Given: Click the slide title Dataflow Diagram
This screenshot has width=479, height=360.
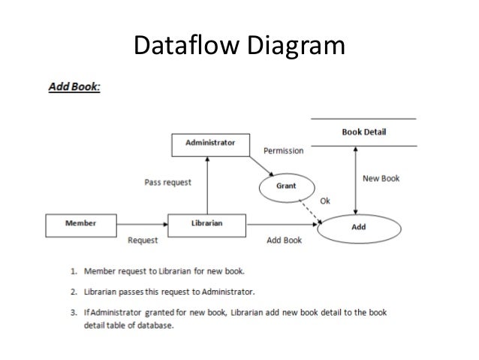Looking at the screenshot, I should pos(239,47).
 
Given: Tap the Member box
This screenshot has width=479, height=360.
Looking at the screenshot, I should pos(80,222).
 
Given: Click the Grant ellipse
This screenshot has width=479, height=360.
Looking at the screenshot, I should pos(285,185).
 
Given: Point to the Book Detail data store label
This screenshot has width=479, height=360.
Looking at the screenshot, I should pos(364,132).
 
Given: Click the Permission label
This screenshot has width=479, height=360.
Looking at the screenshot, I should pos(283,151).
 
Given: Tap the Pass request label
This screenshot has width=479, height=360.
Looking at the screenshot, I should pos(167,182).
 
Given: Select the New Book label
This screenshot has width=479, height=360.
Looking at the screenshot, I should pos(381,179).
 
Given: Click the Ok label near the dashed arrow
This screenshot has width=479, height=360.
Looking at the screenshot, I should pos(324,200).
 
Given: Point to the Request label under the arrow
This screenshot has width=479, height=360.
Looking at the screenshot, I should pos(143,241).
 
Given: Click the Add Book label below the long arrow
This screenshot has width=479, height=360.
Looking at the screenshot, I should pos(285,241).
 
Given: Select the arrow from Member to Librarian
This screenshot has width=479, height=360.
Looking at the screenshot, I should pos(142,223).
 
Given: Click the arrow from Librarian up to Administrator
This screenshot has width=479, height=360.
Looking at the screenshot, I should pos(206,185).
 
